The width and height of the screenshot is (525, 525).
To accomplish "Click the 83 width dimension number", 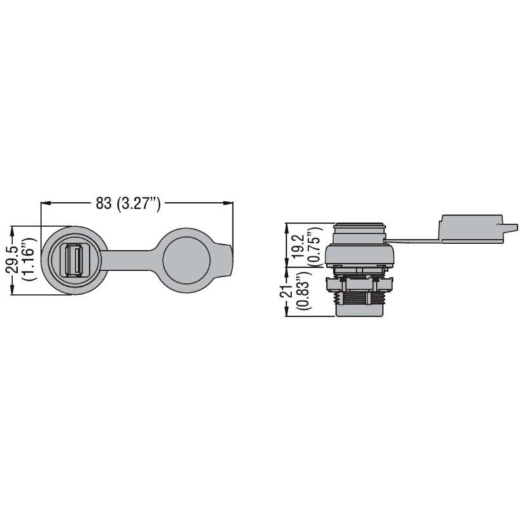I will (104, 203).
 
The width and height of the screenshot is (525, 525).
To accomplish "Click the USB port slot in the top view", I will (73, 261).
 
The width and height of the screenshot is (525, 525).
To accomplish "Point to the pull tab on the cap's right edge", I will (228, 261).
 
